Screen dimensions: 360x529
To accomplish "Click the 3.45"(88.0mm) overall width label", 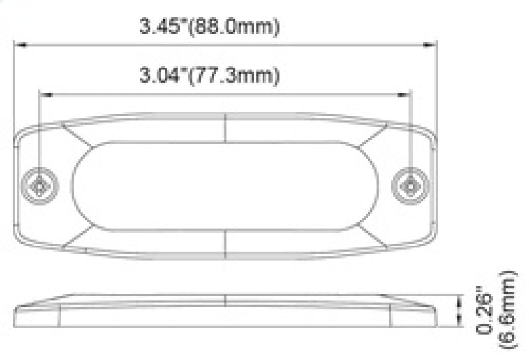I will (209, 28).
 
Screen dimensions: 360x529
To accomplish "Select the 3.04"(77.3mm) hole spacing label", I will (209, 75).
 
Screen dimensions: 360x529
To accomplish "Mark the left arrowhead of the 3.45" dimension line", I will (20, 46).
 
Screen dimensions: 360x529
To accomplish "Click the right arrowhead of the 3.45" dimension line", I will (433, 46).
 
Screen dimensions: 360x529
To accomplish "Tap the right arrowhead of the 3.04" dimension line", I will (406, 95).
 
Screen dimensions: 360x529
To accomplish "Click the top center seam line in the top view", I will (226, 127).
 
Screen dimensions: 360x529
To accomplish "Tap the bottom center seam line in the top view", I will (226, 244).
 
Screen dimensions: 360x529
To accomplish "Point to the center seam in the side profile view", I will (226, 301).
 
